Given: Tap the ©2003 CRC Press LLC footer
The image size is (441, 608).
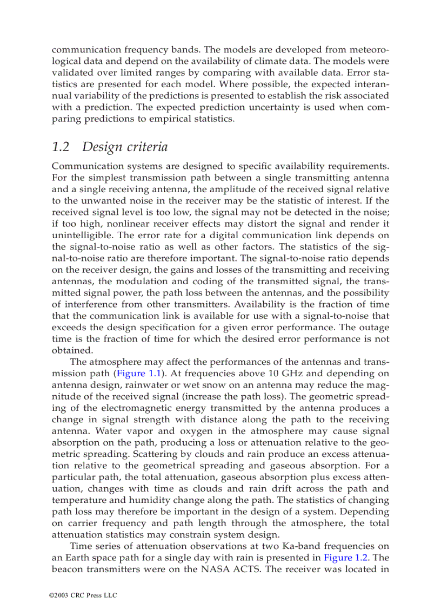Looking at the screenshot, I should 83,595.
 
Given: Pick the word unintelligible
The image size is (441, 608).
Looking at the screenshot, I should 81,236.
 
